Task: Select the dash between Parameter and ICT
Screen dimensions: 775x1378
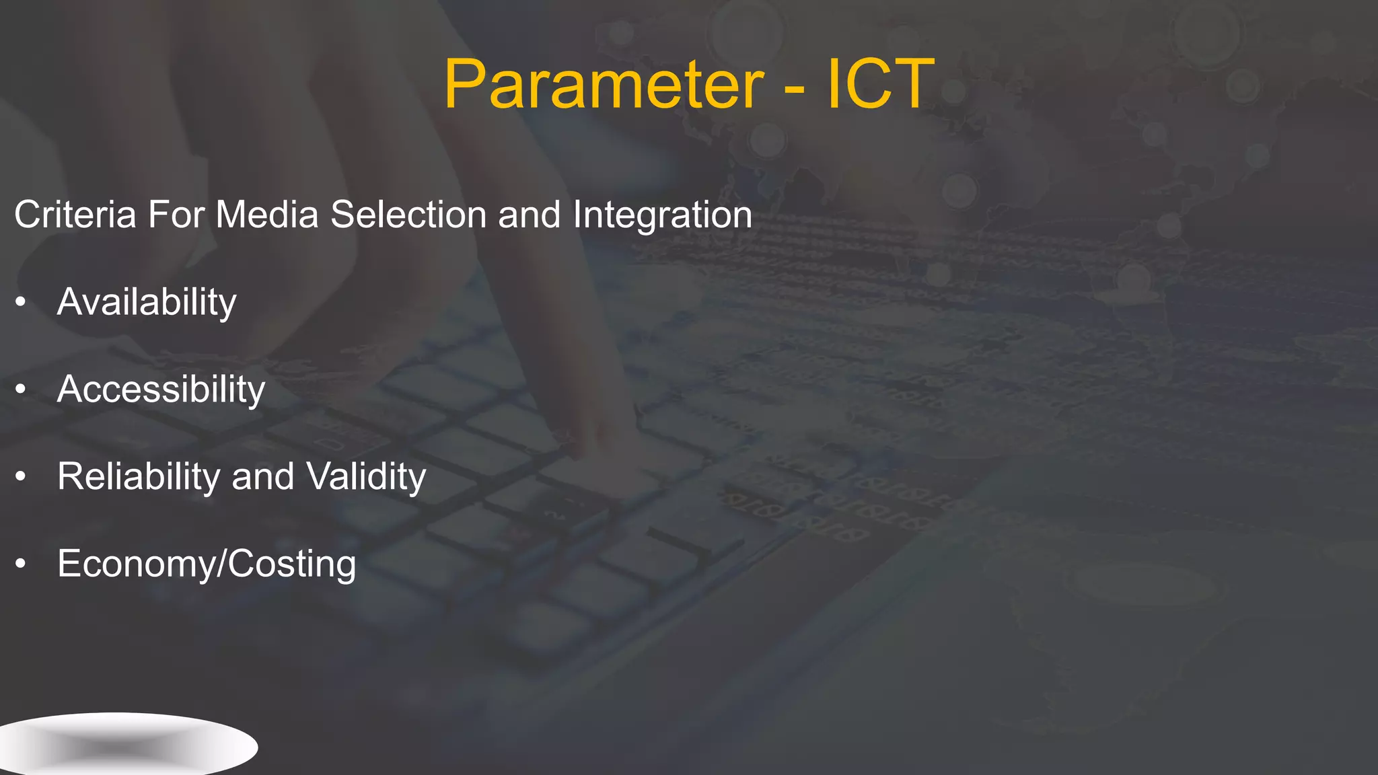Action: (x=795, y=87)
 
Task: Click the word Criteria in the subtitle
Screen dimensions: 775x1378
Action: (x=75, y=215)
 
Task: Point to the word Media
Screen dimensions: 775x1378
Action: (x=266, y=215)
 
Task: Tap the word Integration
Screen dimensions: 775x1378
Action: (x=662, y=216)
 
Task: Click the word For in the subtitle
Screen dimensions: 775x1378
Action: (x=176, y=215)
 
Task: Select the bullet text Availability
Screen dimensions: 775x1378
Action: (x=147, y=302)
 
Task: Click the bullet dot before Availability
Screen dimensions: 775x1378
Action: (x=21, y=302)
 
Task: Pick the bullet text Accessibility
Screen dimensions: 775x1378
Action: (x=161, y=390)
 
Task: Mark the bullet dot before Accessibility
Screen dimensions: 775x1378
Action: (x=21, y=390)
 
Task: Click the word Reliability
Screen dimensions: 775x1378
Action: (x=138, y=476)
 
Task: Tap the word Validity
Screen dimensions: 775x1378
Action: (x=366, y=476)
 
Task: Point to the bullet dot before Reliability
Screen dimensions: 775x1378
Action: (x=21, y=477)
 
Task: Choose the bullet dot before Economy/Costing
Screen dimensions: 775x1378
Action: (x=21, y=564)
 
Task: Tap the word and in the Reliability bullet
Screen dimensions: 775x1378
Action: (x=262, y=476)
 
